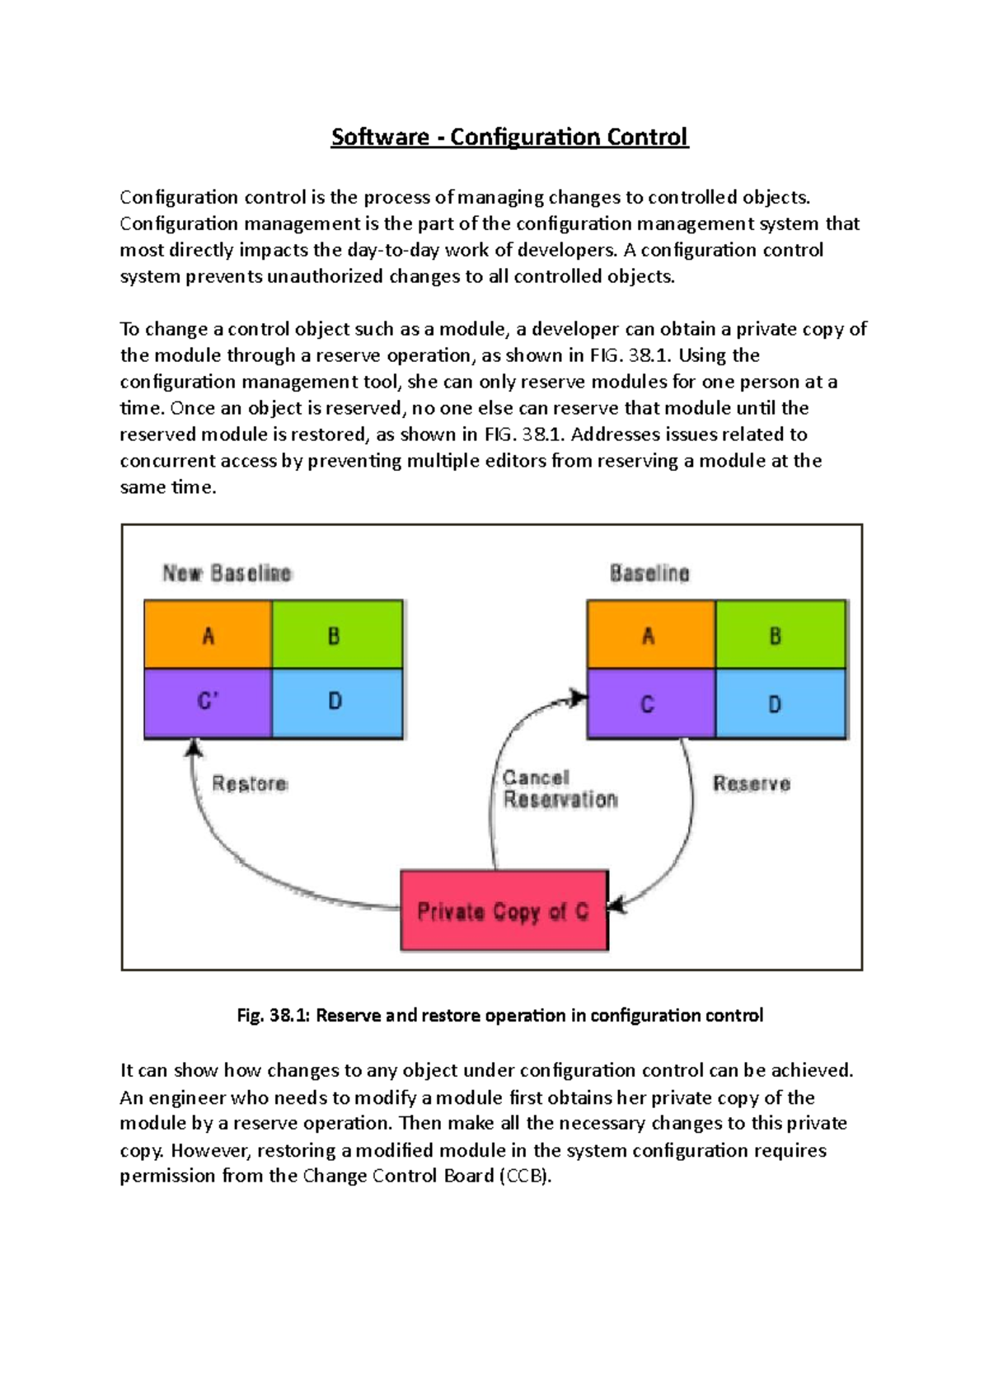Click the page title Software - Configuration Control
(x=509, y=137)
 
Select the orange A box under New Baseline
(x=208, y=635)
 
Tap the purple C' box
(x=208, y=702)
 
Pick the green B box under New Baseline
(x=337, y=635)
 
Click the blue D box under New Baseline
(x=337, y=702)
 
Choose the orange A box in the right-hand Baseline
(x=650, y=635)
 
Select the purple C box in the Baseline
(x=650, y=704)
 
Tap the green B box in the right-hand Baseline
(x=780, y=635)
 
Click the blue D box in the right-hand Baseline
(x=780, y=704)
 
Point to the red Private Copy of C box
(x=504, y=911)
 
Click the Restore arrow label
(x=250, y=783)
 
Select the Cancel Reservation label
(x=560, y=789)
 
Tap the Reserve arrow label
(x=752, y=783)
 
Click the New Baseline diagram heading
(x=227, y=573)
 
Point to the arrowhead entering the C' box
(x=194, y=747)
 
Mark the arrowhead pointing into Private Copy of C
(x=616, y=904)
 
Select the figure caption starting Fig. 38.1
(x=499, y=1016)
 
